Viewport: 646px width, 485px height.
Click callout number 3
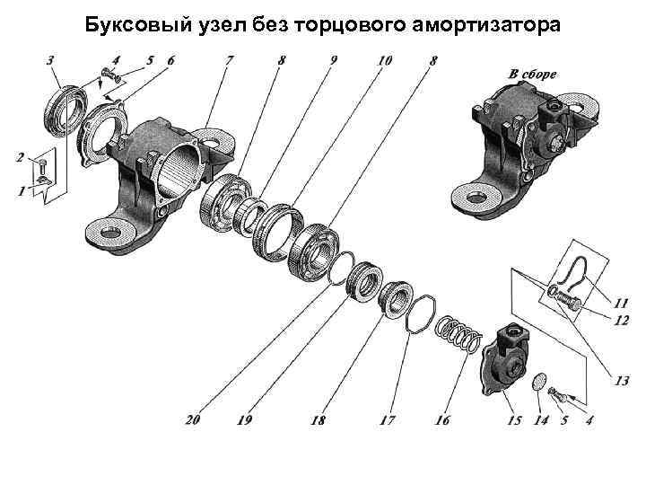point(52,59)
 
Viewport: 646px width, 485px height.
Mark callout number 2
point(19,158)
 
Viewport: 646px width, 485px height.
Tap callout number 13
point(621,382)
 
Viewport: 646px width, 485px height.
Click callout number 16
point(441,420)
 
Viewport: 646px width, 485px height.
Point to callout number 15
point(514,420)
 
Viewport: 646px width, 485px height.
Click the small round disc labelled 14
point(540,382)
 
